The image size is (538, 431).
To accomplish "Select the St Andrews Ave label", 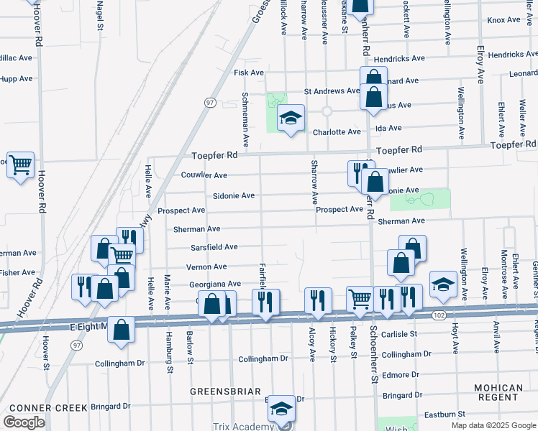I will (332, 91).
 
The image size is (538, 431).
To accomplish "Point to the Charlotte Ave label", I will (336, 132).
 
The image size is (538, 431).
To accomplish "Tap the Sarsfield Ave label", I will (214, 247).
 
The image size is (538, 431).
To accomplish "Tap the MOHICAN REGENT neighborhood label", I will (498, 392).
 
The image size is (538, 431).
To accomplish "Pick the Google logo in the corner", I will (24, 422).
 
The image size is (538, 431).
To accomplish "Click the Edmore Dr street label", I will (401, 375).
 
